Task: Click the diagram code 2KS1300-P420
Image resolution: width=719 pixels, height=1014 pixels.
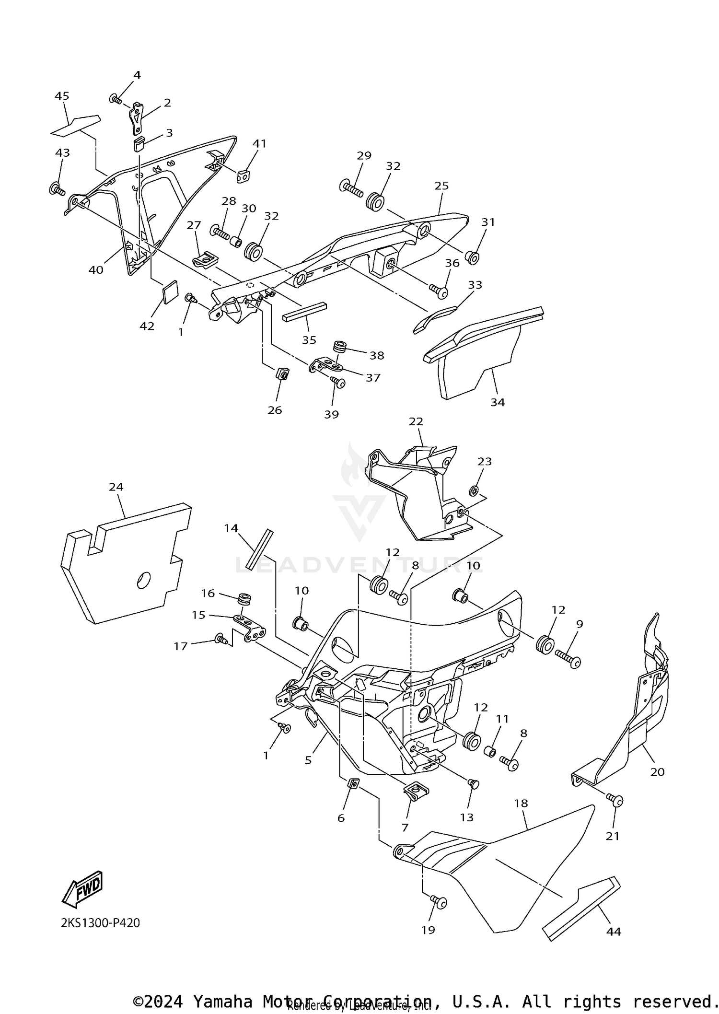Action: coord(100,923)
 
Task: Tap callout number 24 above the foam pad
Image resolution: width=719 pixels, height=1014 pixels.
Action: coord(116,487)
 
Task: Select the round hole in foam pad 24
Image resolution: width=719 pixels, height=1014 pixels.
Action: coord(144,580)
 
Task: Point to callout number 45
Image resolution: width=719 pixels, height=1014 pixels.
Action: coord(62,96)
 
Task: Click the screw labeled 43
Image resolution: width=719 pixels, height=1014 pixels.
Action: coord(57,189)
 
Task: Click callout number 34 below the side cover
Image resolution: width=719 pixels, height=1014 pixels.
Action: coord(498,402)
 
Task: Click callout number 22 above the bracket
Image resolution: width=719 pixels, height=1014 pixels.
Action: coord(416,421)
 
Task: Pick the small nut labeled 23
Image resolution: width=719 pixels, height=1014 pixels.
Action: coord(475,490)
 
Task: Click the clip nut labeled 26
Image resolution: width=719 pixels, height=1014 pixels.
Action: coord(282,373)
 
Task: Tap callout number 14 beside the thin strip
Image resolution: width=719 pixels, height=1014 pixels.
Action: coord(231,528)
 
